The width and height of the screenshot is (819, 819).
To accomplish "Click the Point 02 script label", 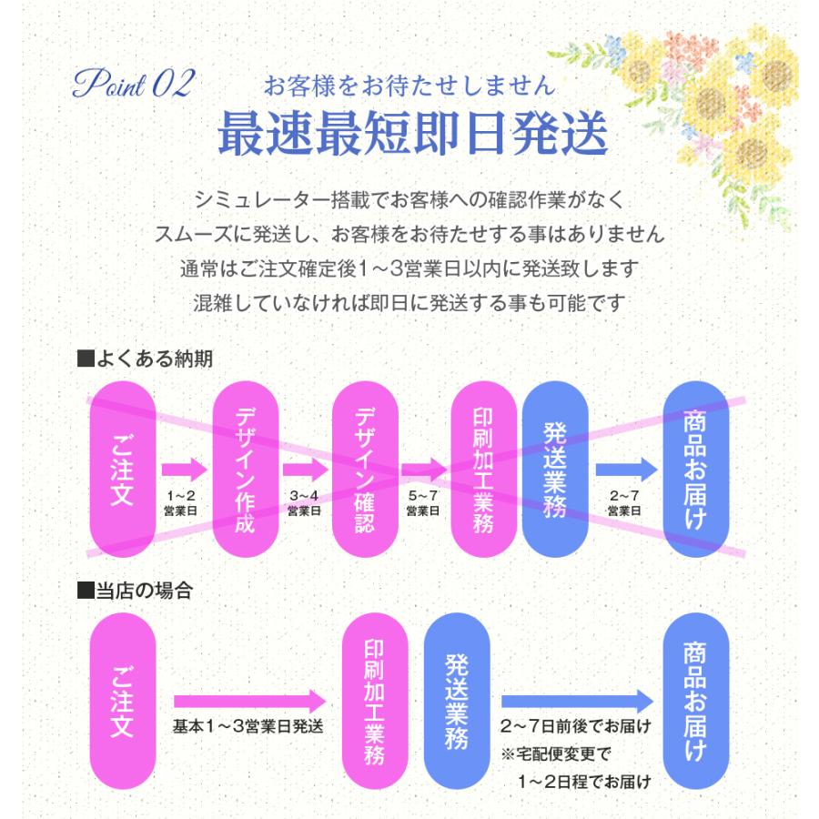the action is pyautogui.click(x=133, y=86).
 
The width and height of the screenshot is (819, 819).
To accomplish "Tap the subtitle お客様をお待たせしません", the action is pyautogui.click(x=408, y=86).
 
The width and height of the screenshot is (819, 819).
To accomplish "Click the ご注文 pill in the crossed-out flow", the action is pyautogui.click(x=123, y=470).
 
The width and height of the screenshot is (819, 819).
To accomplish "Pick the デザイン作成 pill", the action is pyautogui.click(x=244, y=470).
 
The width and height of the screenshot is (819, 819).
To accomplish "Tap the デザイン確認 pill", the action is pyautogui.click(x=364, y=470).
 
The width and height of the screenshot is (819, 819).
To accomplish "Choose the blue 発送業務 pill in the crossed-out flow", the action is pyautogui.click(x=555, y=470).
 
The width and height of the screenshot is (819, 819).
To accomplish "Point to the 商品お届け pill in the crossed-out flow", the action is pyautogui.click(x=696, y=470).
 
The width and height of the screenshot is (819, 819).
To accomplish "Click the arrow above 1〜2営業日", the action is pyautogui.click(x=184, y=470).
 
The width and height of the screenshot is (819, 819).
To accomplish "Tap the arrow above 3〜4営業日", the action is pyautogui.click(x=304, y=470).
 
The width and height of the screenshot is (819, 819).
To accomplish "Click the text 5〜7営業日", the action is pyautogui.click(x=423, y=502).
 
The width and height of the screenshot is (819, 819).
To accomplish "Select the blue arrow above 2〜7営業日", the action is pyautogui.click(x=625, y=470).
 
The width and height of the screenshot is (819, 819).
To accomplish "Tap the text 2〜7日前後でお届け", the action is pyautogui.click(x=576, y=727).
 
